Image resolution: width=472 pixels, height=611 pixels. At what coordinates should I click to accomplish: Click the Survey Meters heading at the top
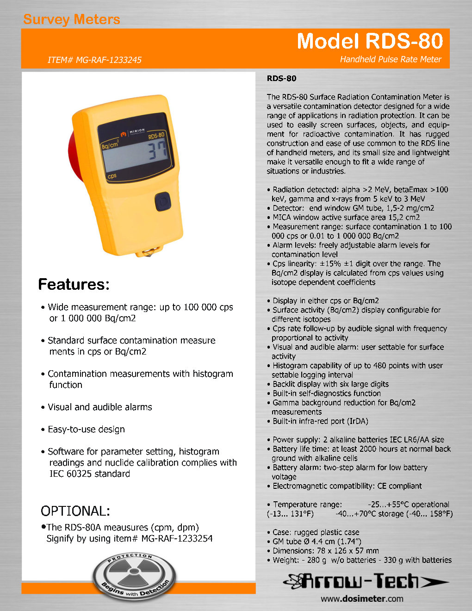tap(72, 19)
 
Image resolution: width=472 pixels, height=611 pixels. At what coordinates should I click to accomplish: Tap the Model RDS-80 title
tap(370, 41)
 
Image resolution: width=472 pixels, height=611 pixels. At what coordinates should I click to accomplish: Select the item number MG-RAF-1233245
tap(94, 60)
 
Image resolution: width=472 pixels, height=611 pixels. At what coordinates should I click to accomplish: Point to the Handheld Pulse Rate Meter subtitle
tap(391, 59)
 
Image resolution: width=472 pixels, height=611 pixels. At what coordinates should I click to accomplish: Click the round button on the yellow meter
tap(162, 201)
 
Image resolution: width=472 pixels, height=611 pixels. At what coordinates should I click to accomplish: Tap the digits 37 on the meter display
tap(157, 151)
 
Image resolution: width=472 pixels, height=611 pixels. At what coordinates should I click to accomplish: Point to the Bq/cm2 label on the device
tap(110, 144)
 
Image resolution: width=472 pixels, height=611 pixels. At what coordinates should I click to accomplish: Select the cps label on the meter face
tap(112, 176)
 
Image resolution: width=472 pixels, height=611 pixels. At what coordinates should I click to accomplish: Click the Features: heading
tap(74, 284)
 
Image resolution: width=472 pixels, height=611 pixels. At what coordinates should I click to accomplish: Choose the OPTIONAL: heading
tap(75, 511)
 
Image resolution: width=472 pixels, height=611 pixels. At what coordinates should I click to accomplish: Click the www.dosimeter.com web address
tap(362, 599)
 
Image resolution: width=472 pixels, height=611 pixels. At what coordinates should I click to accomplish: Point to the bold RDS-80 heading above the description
tap(281, 78)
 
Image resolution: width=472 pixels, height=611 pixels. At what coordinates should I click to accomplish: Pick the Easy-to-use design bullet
tap(86, 429)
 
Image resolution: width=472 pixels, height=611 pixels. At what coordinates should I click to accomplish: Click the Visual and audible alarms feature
tap(99, 407)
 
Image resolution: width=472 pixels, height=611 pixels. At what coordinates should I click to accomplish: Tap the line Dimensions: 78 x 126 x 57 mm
tap(325, 551)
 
